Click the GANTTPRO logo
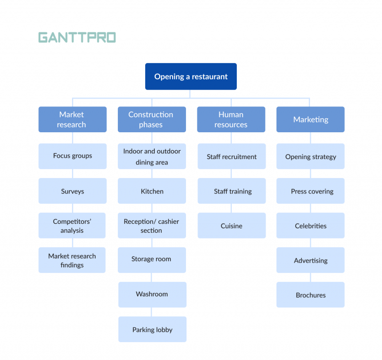click(x=77, y=37)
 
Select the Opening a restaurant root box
click(x=191, y=77)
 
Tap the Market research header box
click(x=72, y=119)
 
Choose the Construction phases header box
click(x=151, y=119)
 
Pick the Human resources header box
click(x=231, y=119)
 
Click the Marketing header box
click(x=310, y=119)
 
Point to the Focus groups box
click(x=72, y=156)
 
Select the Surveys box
click(x=72, y=191)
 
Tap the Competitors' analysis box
click(x=72, y=226)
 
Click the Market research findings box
click(x=72, y=260)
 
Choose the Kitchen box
click(x=152, y=191)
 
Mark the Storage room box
click(x=152, y=260)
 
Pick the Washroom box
click(x=152, y=294)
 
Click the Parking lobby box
click(x=152, y=329)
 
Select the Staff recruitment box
click(x=231, y=157)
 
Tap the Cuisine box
click(x=231, y=226)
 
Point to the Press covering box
click(x=310, y=191)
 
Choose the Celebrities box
click(x=310, y=226)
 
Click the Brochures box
click(x=310, y=295)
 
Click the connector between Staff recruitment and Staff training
click(x=231, y=174)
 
